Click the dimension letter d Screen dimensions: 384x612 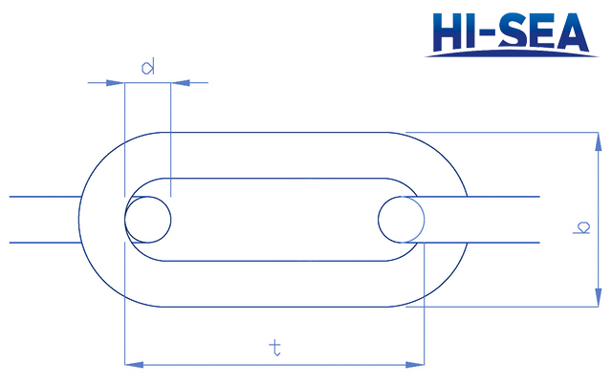point(148,67)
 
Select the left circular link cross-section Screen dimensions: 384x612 point(148,219)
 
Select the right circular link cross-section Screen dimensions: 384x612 point(402,219)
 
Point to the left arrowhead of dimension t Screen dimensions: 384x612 point(132,364)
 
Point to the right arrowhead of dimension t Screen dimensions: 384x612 point(417,364)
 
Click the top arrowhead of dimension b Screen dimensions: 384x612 point(600,139)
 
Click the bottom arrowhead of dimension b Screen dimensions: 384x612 point(600,300)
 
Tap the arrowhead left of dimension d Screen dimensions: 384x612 point(118,83)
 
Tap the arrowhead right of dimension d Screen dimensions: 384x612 point(179,83)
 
